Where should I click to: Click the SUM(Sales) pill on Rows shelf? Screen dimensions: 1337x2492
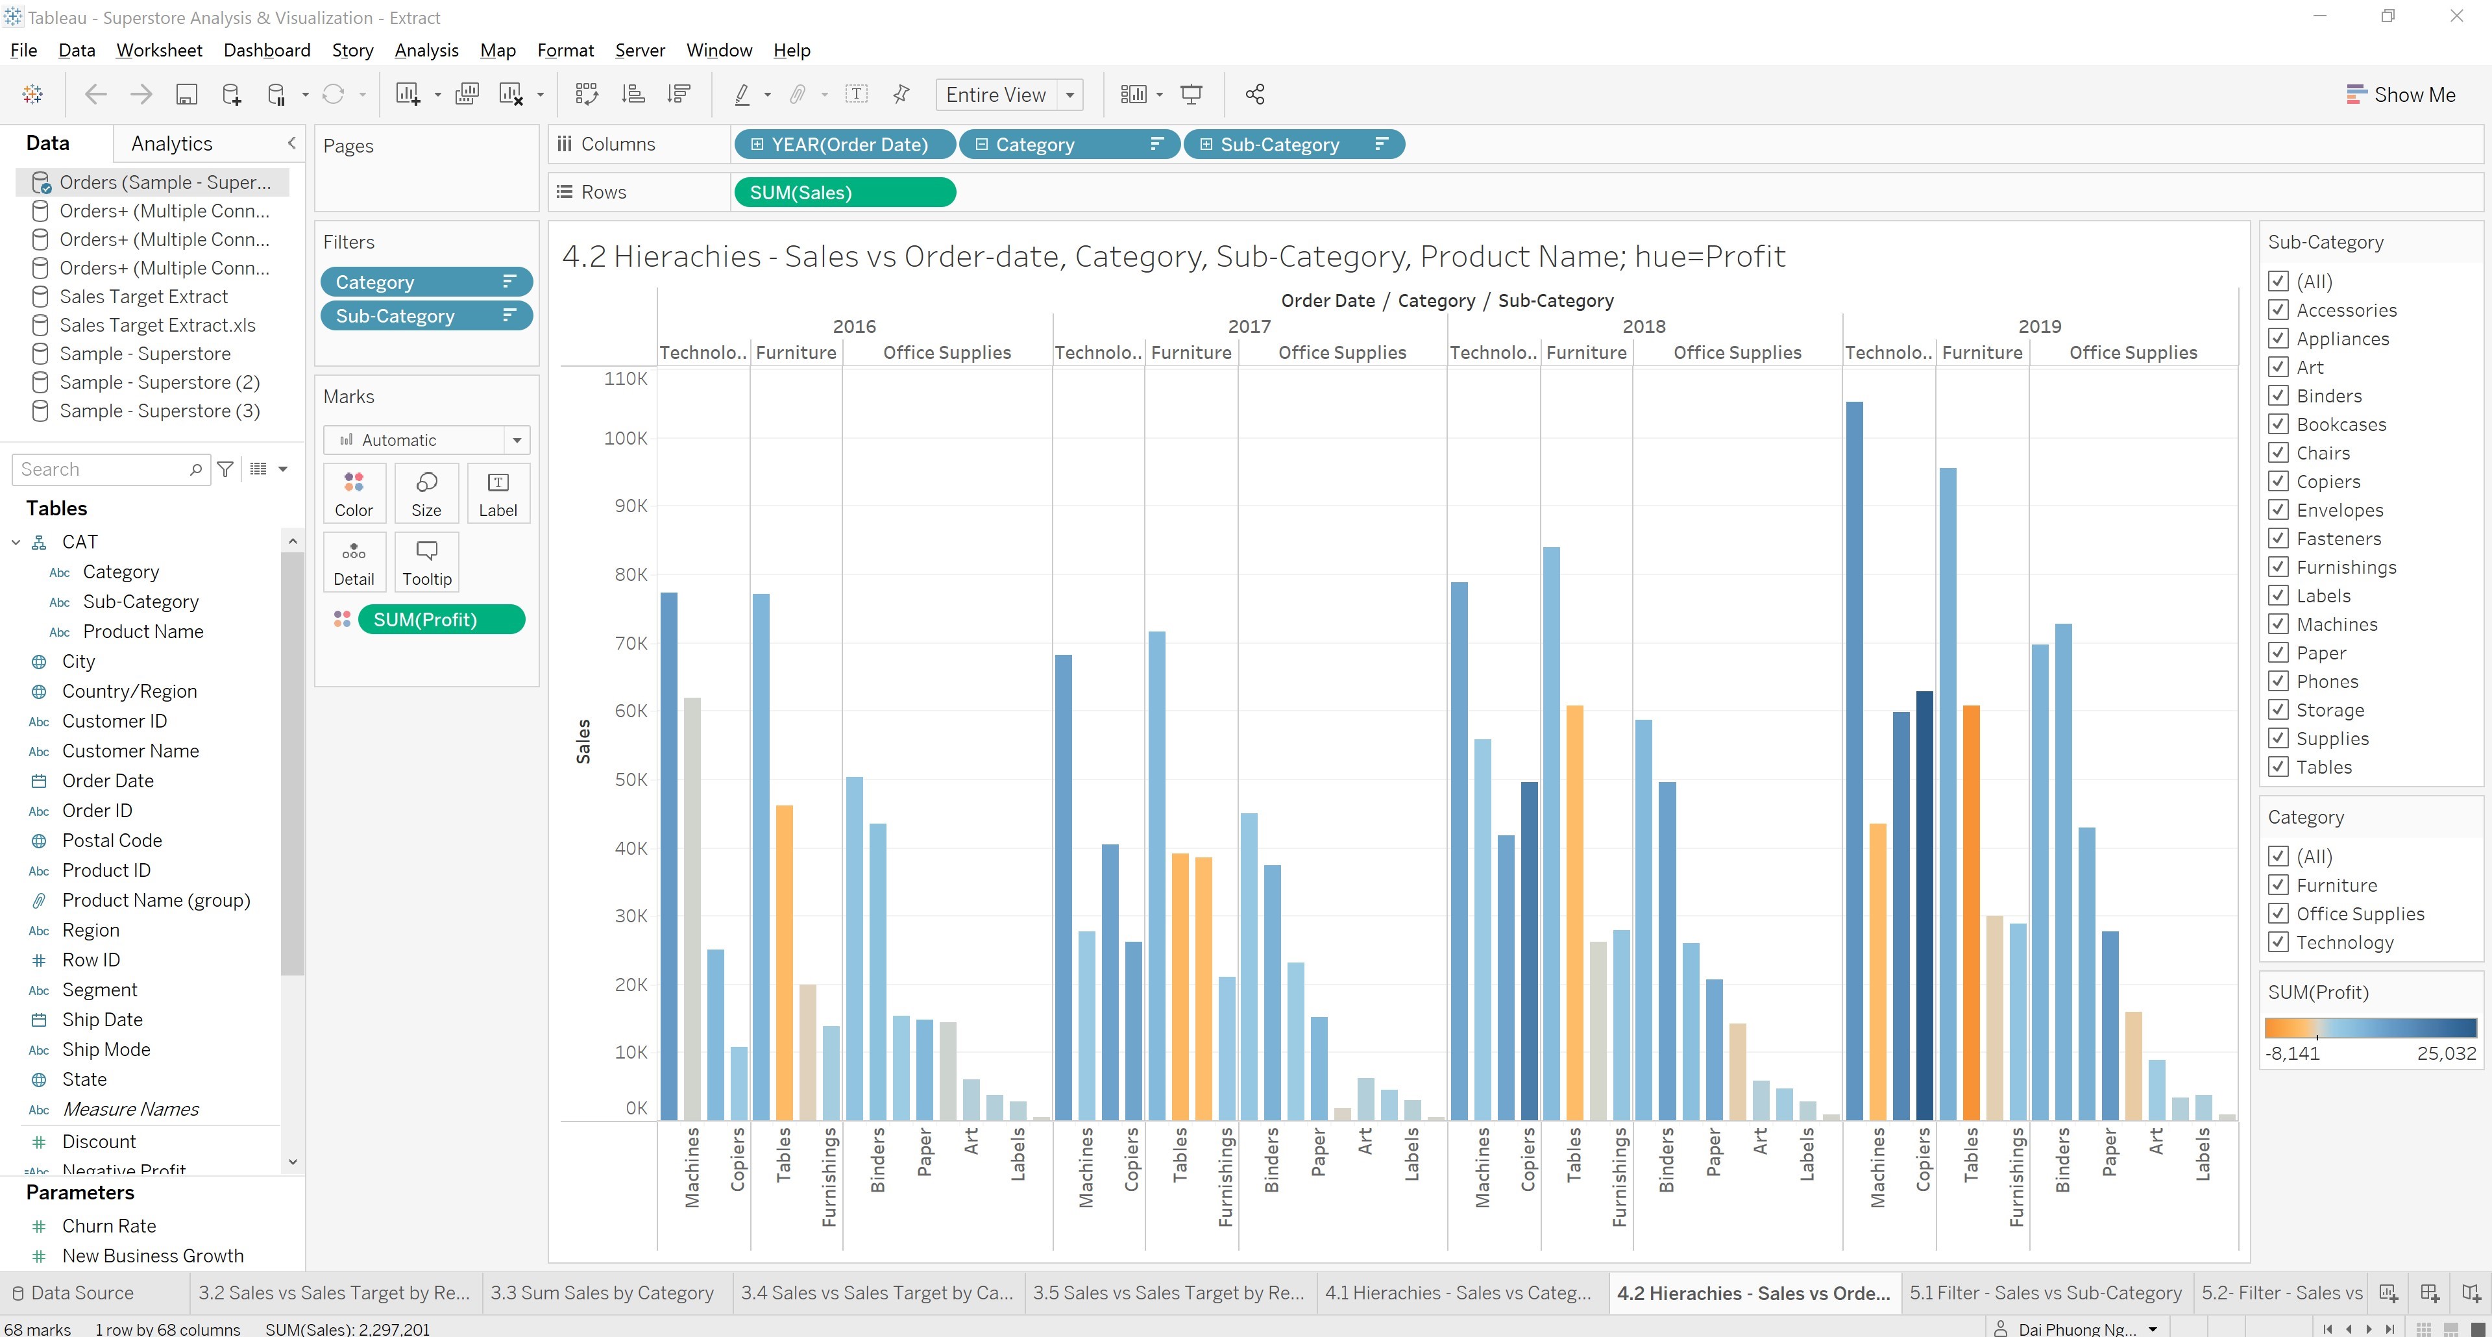[844, 193]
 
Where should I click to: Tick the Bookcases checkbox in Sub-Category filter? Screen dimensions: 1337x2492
[2278, 424]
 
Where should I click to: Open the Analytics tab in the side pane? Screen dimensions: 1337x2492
[171, 143]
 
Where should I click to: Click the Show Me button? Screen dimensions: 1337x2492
[2401, 95]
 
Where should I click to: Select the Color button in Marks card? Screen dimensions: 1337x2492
[354, 493]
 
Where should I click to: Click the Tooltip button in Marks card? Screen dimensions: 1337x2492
[426, 562]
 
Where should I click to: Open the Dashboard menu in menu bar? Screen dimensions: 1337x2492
[266, 51]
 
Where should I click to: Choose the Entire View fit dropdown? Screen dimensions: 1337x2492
[1008, 95]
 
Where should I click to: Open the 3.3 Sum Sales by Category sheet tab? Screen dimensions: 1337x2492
[602, 1292]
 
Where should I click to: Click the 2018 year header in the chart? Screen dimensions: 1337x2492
[1644, 326]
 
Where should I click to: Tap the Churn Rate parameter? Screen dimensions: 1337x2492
[109, 1226]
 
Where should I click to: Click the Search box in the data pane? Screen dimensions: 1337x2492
[102, 469]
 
